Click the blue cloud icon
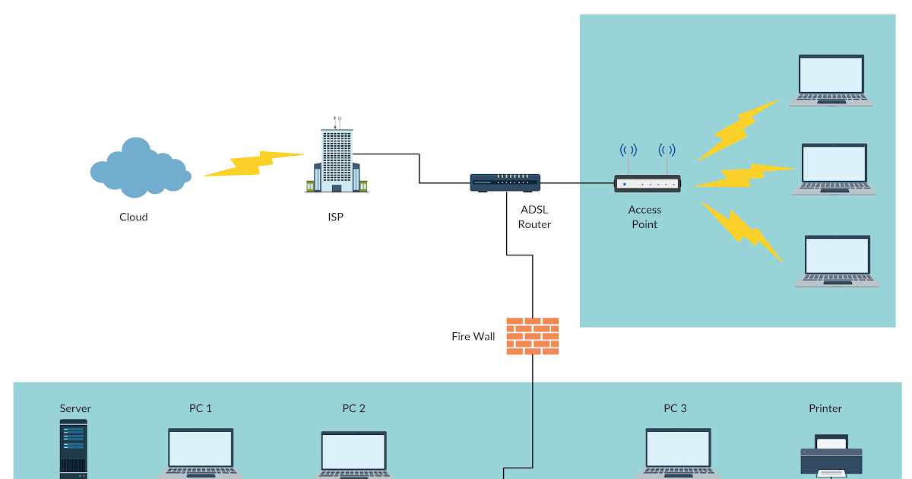(139, 167)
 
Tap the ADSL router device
(505, 183)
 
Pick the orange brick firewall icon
(533, 335)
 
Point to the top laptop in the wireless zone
(831, 79)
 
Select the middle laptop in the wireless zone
(834, 169)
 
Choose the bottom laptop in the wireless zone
(837, 261)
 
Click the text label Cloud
(134, 217)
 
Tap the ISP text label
(335, 217)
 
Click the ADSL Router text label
(534, 217)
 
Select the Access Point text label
(644, 217)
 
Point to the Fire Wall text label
(473, 336)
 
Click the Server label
(75, 409)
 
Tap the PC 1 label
(201, 409)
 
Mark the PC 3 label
(675, 409)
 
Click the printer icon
(831, 456)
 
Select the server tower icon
(74, 449)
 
